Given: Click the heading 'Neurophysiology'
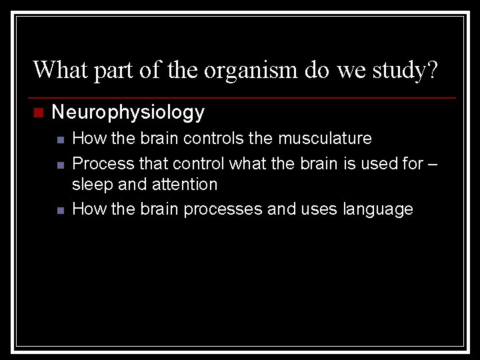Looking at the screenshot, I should coord(128,113).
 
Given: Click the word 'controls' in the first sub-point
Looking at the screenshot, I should coord(219,139).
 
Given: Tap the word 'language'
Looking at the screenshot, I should coord(378,209).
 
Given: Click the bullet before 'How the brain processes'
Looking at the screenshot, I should coord(60,211).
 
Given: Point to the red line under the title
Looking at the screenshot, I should coord(240,98).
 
